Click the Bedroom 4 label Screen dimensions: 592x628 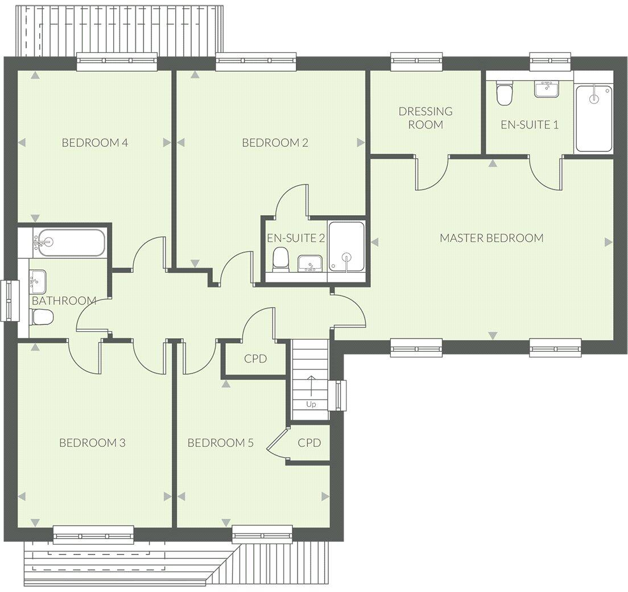pyautogui.click(x=94, y=142)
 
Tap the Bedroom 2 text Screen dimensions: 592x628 pyautogui.click(x=275, y=142)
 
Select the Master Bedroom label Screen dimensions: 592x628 pyautogui.click(x=491, y=238)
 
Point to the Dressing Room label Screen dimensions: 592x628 pyautogui.click(x=425, y=118)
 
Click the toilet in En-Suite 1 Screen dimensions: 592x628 pyautogui.click(x=504, y=94)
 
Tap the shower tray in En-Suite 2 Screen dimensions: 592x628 pyautogui.click(x=346, y=246)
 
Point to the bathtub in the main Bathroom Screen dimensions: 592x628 pyautogui.click(x=69, y=241)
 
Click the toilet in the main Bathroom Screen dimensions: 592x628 pyautogui.click(x=42, y=317)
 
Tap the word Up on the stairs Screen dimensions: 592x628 pyautogui.click(x=311, y=405)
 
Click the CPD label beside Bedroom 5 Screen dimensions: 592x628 pyautogui.click(x=309, y=443)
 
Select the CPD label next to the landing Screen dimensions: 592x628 pyautogui.click(x=255, y=359)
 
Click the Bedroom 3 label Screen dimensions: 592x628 pyautogui.click(x=92, y=443)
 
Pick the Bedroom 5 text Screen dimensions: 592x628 pyautogui.click(x=220, y=443)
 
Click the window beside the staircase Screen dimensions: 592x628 pyautogui.click(x=340, y=395)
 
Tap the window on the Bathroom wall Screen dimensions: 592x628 pyautogui.click(x=10, y=300)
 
